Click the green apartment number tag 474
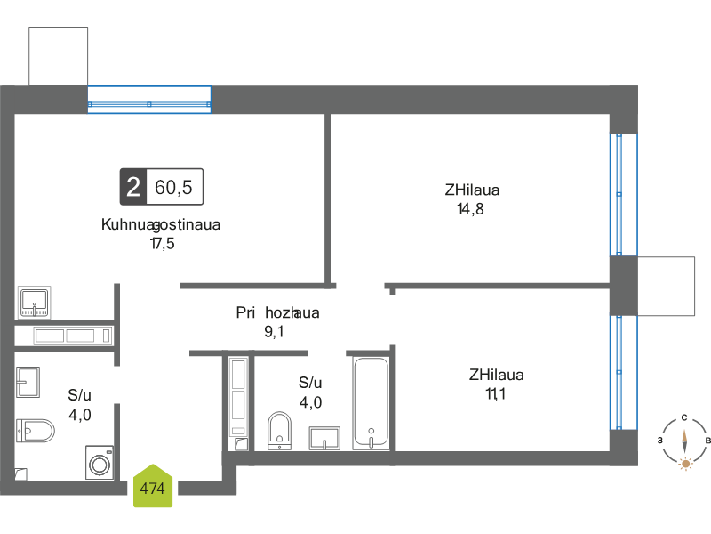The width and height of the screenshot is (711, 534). coord(153,487)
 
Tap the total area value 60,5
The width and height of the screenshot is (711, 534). coord(174,187)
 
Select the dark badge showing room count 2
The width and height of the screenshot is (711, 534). coord(132,187)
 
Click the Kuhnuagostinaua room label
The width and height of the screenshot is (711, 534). coord(161,224)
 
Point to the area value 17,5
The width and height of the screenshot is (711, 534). coord(161,243)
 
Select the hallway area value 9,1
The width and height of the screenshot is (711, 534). coord(276,331)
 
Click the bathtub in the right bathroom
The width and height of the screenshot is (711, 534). coord(370,402)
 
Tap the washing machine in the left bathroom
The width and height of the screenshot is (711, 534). coord(100,463)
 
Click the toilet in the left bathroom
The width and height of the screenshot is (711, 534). coord(35,431)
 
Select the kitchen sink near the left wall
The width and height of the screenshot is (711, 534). coord(34,303)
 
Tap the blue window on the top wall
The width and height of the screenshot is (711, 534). coord(149,100)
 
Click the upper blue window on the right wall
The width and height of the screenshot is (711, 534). coord(624,194)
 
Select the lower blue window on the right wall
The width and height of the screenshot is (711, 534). coord(624,372)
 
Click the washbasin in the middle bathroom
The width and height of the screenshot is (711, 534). coord(324,439)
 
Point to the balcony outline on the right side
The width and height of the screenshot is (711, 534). coord(666,286)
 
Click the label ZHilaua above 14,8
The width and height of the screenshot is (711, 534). coord(472,190)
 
